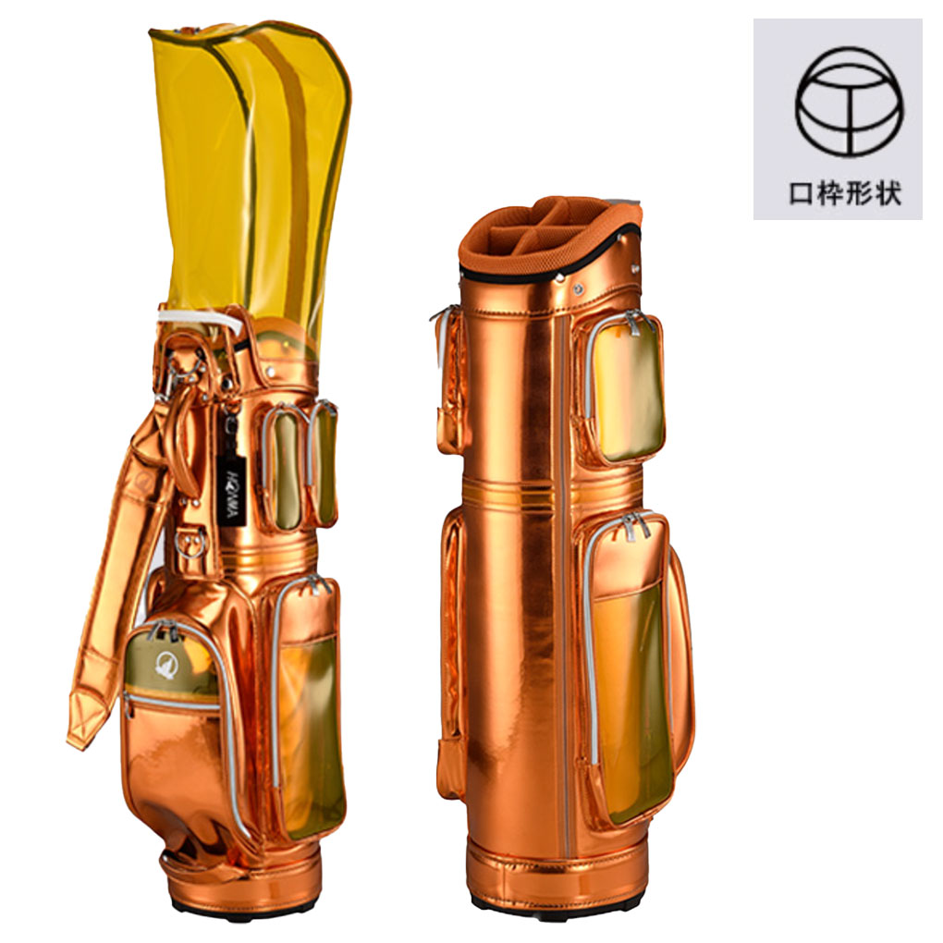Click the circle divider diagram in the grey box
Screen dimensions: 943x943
click(850, 103)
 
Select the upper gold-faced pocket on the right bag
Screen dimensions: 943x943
click(622, 388)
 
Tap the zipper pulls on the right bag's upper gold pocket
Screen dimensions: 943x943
click(634, 323)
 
